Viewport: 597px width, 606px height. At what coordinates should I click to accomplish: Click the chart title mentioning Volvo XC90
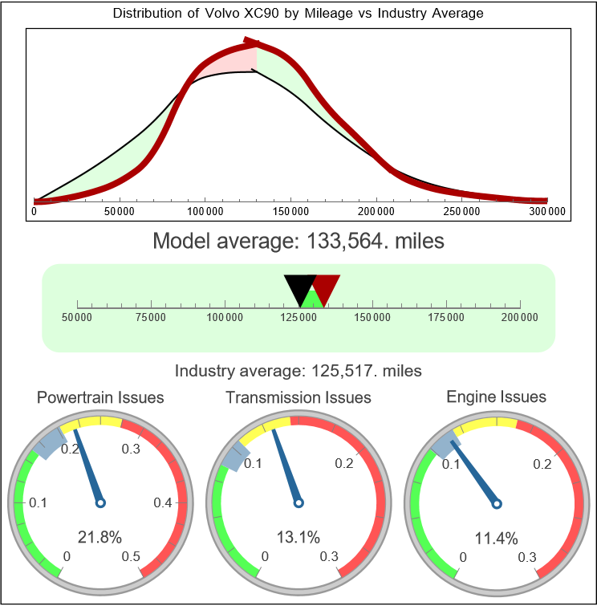[298, 14]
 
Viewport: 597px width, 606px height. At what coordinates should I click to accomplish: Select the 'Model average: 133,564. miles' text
[298, 241]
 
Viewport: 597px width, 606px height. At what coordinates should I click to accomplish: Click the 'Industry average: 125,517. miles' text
[298, 371]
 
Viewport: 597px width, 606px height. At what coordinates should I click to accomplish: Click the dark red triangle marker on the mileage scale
[326, 286]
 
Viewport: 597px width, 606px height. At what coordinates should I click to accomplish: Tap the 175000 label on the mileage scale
[446, 318]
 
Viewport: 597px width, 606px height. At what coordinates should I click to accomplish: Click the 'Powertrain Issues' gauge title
[100, 397]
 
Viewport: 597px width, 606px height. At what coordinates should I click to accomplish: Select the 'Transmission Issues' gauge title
[298, 397]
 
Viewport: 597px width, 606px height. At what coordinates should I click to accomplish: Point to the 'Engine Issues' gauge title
[496, 397]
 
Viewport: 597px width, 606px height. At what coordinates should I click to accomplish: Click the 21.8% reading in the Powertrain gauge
[100, 537]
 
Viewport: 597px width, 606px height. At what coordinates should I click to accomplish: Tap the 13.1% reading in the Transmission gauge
[298, 537]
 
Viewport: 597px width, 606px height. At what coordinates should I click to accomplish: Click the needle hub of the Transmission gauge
[298, 503]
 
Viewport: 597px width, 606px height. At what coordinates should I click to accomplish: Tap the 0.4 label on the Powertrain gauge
[164, 503]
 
